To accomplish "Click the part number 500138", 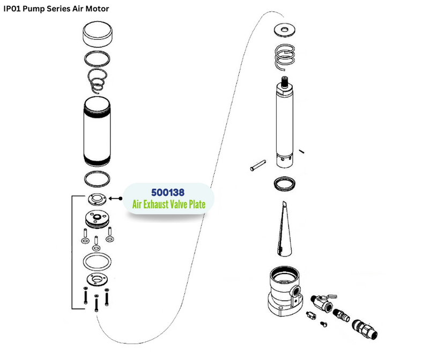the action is pyautogui.click(x=168, y=192).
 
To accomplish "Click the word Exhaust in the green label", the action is pyautogui.click(x=155, y=204).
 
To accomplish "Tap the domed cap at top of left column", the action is pyautogui.click(x=98, y=34).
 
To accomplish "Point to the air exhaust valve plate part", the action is pyautogui.click(x=97, y=199).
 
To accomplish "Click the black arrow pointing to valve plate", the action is pyautogui.click(x=115, y=199).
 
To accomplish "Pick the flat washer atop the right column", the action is pyautogui.click(x=285, y=30).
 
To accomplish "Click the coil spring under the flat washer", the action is pyautogui.click(x=285, y=57).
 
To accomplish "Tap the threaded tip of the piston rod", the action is pyautogui.click(x=285, y=82).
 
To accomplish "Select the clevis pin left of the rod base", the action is pyautogui.click(x=258, y=165).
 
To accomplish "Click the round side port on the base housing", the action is pyautogui.click(x=295, y=290).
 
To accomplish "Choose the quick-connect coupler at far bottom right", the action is pyautogui.click(x=365, y=329).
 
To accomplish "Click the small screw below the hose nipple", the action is pyautogui.click(x=324, y=324).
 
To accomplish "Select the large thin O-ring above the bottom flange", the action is pyautogui.click(x=97, y=261).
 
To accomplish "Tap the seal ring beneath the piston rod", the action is pyautogui.click(x=285, y=183).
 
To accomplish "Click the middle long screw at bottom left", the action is pyautogui.click(x=97, y=303).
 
